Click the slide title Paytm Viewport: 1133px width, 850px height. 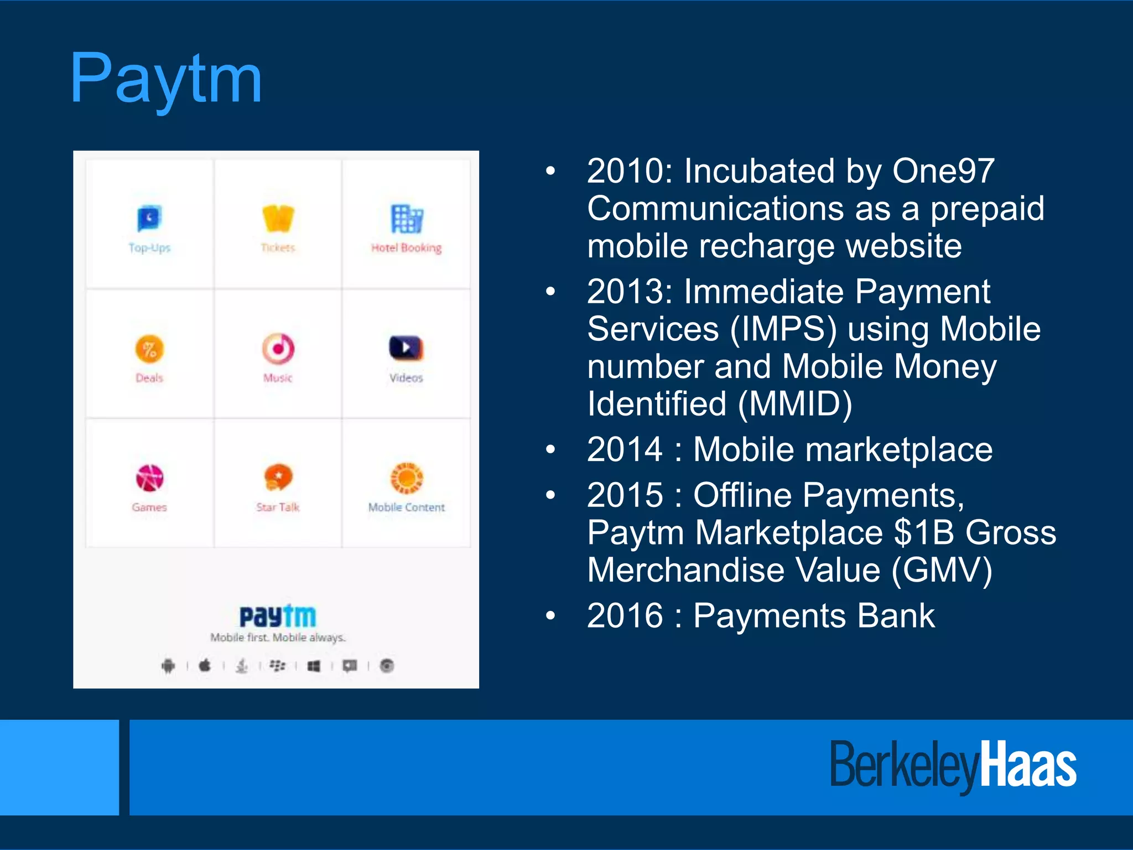166,79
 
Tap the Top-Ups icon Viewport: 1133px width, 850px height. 149,218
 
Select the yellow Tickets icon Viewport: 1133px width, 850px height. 278,218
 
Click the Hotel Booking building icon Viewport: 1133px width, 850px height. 407,218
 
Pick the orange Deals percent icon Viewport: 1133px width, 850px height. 149,349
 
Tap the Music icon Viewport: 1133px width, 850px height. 278,349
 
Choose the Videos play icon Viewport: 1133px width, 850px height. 406,348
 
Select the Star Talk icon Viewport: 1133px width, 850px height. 278,478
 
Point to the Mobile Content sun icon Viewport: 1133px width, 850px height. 407,478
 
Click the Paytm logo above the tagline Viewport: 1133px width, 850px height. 278,616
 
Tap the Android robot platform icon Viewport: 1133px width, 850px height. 168,665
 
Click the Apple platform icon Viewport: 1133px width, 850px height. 205,665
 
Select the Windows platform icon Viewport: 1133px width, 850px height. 314,666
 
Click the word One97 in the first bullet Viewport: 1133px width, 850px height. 943,171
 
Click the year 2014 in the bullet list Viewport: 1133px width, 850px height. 625,449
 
